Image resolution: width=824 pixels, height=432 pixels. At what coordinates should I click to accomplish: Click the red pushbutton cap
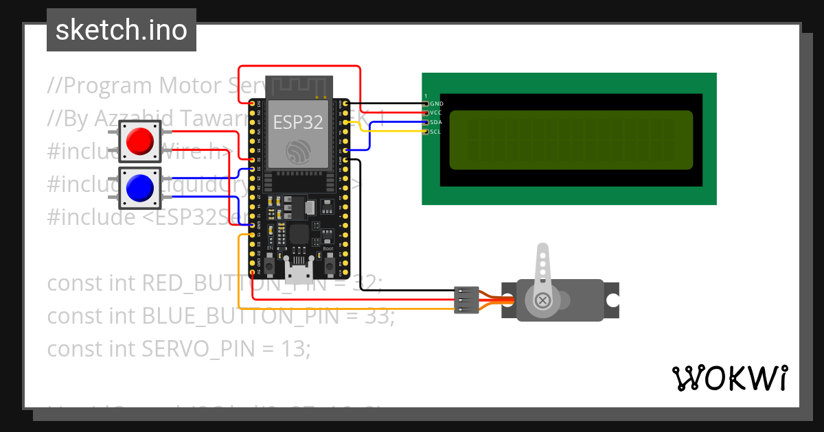140,141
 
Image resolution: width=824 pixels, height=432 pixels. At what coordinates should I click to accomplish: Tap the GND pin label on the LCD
437,104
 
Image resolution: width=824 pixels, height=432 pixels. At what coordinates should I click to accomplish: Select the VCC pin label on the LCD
436,112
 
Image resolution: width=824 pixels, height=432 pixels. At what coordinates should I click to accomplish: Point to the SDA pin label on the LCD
436,122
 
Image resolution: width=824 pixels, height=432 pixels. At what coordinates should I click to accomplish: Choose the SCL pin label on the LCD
436,131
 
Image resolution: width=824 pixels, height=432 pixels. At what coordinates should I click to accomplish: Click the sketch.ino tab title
122,30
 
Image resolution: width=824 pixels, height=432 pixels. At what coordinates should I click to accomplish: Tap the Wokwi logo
729,378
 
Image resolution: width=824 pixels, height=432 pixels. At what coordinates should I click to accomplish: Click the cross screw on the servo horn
542,300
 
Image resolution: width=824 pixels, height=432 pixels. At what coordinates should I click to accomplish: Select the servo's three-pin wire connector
466,300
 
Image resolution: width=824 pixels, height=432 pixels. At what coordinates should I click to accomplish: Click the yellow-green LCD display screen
571,140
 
